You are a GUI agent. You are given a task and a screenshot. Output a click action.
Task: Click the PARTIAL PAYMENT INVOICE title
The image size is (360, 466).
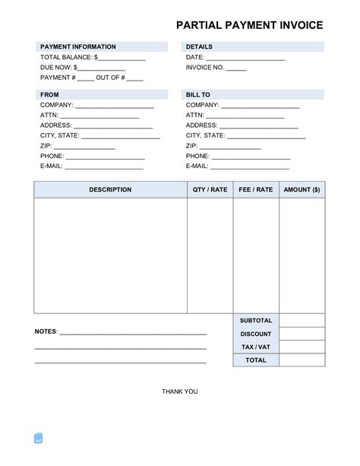click(249, 25)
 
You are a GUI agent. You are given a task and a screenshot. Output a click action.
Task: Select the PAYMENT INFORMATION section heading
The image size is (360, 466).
click(77, 47)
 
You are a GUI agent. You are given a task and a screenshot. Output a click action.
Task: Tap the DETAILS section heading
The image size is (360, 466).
click(201, 47)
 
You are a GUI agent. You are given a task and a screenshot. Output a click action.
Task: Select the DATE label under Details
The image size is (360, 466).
click(194, 57)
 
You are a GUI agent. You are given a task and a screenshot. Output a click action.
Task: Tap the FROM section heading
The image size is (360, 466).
click(49, 95)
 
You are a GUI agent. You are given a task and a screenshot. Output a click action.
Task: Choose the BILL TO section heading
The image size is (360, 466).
click(198, 95)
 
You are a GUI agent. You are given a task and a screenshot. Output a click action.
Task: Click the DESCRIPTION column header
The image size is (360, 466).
click(110, 190)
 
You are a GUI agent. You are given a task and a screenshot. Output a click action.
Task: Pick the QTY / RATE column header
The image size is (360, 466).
click(210, 190)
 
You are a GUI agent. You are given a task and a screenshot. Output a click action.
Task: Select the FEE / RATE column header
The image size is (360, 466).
click(255, 190)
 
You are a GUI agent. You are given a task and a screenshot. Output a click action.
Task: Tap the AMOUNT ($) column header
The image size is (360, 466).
click(302, 190)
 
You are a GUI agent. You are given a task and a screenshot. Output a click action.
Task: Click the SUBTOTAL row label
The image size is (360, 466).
click(255, 321)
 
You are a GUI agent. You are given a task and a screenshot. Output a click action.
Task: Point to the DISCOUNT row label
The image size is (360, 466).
click(255, 334)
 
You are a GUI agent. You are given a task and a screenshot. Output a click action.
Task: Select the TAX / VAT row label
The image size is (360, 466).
click(255, 347)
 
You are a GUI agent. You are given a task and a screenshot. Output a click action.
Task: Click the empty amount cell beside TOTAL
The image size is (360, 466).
click(302, 360)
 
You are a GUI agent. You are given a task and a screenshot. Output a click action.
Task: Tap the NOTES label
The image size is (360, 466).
click(46, 333)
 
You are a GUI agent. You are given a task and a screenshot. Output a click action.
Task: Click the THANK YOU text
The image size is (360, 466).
click(180, 392)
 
